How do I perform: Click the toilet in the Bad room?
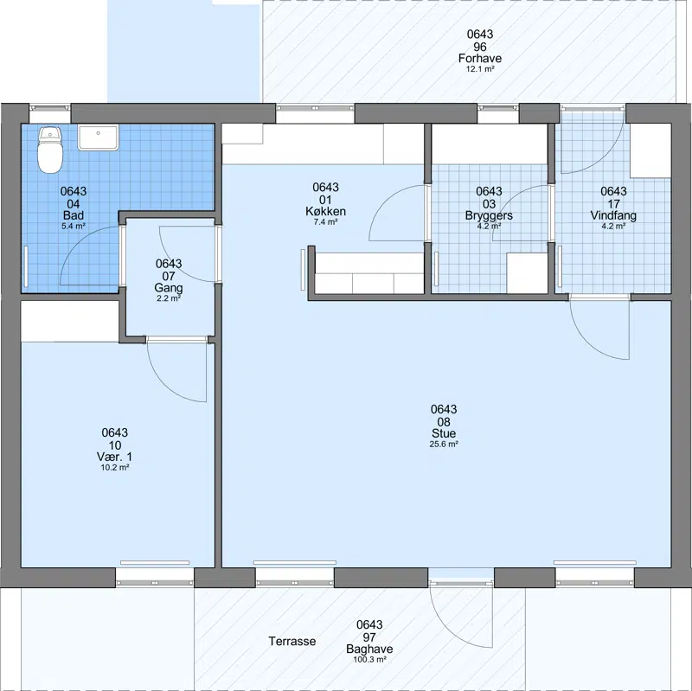50,150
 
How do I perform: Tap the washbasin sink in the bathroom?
99,138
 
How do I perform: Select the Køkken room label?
326,211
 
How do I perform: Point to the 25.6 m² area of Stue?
444,445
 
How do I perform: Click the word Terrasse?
292,641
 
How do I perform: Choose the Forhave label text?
480,58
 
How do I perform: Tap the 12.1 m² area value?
480,69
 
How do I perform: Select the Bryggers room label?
489,215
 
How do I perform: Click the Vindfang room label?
613,215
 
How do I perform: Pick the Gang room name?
169,288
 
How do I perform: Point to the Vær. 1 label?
114,457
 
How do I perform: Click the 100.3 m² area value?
370,660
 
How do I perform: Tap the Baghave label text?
369,649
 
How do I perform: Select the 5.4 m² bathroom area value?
74,227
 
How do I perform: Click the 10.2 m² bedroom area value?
115,468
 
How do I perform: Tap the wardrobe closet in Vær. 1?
70,321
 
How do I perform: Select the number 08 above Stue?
444,422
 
